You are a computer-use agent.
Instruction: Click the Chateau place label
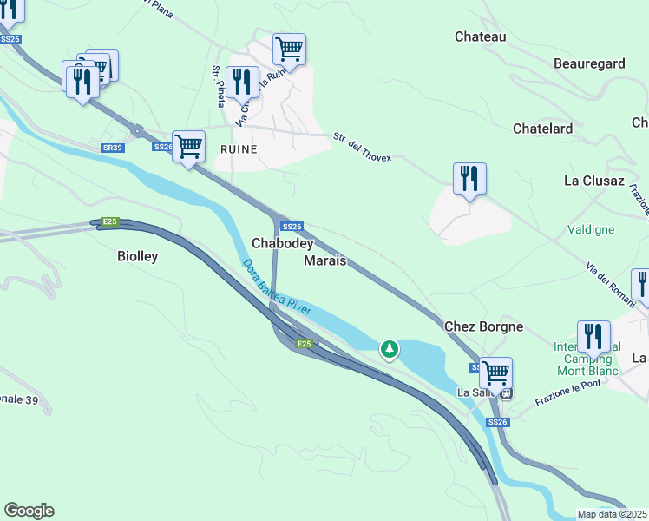(x=480, y=36)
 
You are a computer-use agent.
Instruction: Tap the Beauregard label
(x=588, y=63)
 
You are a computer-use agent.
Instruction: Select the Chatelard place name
(x=542, y=129)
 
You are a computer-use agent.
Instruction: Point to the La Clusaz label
(x=593, y=181)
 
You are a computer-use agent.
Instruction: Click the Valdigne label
(x=591, y=229)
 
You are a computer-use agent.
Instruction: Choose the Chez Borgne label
(x=483, y=326)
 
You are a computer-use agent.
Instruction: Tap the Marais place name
(x=325, y=260)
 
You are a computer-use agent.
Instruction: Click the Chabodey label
(x=282, y=243)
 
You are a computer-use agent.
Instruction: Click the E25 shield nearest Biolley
(x=108, y=222)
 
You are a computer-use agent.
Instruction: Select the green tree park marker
(x=390, y=349)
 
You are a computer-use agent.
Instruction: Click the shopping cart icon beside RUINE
(x=188, y=145)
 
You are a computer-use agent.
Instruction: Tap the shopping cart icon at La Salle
(x=495, y=372)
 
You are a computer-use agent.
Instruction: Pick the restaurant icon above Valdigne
(x=469, y=178)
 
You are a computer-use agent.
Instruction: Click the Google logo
(x=29, y=511)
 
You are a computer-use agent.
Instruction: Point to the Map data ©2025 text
(x=612, y=515)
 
